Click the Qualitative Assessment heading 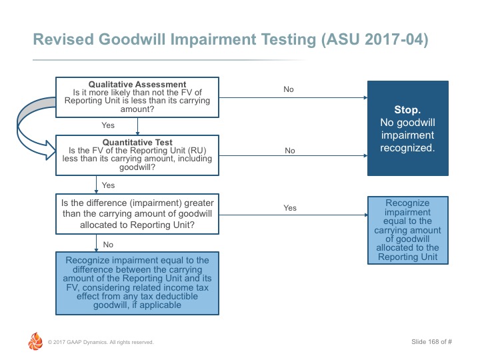click(x=137, y=84)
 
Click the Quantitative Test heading click(x=137, y=143)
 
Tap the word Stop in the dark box click(x=407, y=109)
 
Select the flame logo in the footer click(x=35, y=341)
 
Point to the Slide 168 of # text click(x=431, y=341)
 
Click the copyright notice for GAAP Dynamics click(x=101, y=342)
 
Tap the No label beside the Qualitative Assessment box click(x=289, y=89)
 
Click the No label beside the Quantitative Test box click(x=290, y=151)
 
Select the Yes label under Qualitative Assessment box click(x=108, y=125)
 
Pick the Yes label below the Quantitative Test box click(x=109, y=185)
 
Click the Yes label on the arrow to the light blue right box click(x=290, y=208)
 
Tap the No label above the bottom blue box click(x=108, y=245)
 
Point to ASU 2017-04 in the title click(x=375, y=40)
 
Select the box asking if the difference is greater click(x=137, y=214)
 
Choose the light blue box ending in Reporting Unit click(x=408, y=230)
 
